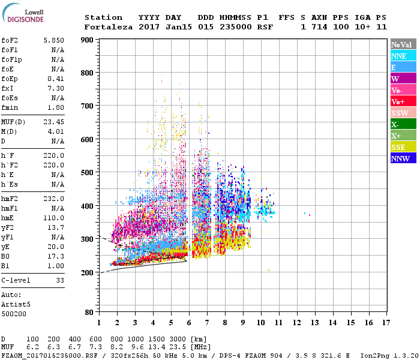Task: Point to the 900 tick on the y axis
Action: tap(89, 40)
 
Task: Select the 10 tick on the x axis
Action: tap(261, 323)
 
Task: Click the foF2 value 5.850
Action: tap(53, 40)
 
